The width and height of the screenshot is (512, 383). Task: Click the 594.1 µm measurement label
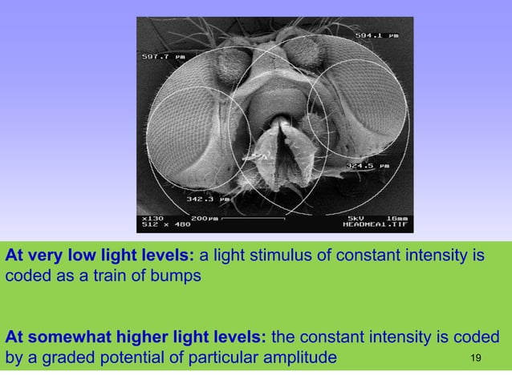point(376,35)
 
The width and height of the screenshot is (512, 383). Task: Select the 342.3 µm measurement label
point(207,198)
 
